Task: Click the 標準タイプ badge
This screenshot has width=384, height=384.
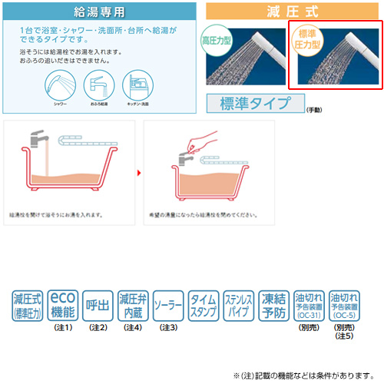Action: (255, 103)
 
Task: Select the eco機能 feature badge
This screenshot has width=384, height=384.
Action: (62, 305)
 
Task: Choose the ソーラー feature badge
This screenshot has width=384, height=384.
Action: (168, 305)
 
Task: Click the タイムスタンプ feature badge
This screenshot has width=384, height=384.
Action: (204, 305)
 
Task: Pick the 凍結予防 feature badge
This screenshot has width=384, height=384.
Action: (273, 305)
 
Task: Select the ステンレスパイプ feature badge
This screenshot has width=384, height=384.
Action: (239, 305)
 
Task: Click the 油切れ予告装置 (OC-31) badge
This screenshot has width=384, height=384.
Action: (308, 305)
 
